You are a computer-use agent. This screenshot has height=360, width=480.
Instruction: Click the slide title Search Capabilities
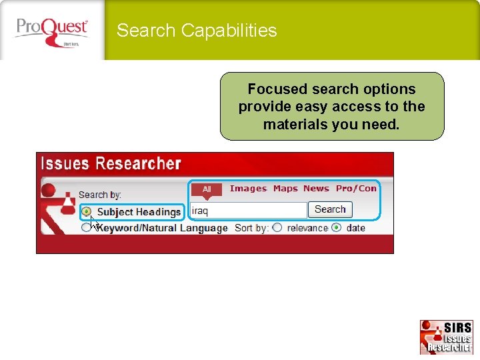pos(197,31)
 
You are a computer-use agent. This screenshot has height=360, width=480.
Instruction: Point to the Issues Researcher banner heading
pos(111,164)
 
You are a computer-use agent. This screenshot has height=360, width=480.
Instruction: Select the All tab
pos(207,189)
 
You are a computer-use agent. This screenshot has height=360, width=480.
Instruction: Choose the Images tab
pos(248,189)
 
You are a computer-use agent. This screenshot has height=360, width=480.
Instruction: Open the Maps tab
pos(285,189)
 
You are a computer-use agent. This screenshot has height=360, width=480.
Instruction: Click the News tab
pos(316,189)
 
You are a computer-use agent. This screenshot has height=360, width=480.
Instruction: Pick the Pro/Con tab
pos(356,189)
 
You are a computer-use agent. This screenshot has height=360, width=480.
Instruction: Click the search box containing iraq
pos(248,210)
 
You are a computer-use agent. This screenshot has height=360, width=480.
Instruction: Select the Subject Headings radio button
pos(87,212)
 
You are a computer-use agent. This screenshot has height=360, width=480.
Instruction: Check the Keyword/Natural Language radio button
pos(86,228)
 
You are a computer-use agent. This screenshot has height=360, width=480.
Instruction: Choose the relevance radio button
pos(277,228)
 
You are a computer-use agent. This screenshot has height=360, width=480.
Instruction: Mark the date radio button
pos(336,228)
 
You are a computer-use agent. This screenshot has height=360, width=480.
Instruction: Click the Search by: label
pos(100,195)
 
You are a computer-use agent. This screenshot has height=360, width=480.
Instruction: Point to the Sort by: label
pos(251,228)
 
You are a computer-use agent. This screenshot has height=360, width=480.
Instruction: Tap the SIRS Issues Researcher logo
pos(446,337)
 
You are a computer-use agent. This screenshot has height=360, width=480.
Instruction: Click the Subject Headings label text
pos(139,212)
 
